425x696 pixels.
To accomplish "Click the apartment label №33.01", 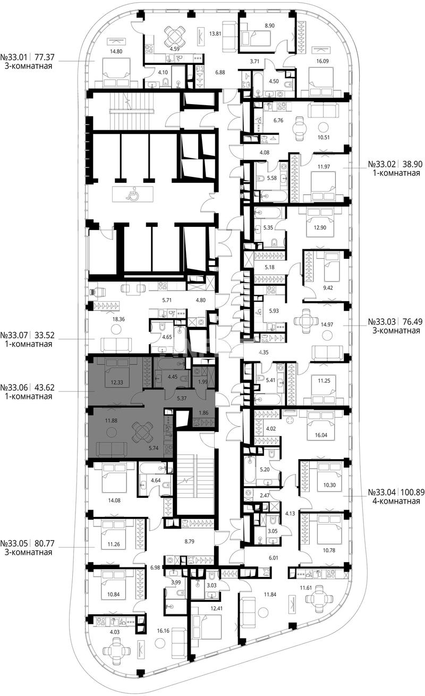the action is (x=14, y=57).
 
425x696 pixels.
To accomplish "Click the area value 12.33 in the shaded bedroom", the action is (x=117, y=383).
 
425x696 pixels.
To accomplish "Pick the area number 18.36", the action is (x=118, y=319).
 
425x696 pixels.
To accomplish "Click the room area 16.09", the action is (x=322, y=61).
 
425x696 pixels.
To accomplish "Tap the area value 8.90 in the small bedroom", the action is (x=269, y=26).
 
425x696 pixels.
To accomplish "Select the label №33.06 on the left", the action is (x=14, y=387).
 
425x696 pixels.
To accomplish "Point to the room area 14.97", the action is (x=327, y=325).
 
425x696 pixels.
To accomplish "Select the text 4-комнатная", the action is (x=396, y=501).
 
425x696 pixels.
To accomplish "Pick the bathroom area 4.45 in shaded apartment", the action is (x=173, y=377).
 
